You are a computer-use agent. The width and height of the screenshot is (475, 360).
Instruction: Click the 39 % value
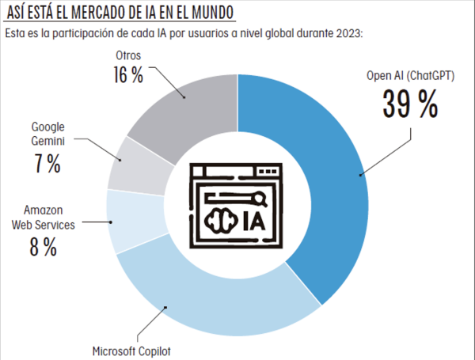tap(410, 104)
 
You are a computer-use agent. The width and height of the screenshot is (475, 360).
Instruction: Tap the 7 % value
tap(47, 164)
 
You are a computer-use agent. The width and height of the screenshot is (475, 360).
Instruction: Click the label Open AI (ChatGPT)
tap(410, 77)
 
